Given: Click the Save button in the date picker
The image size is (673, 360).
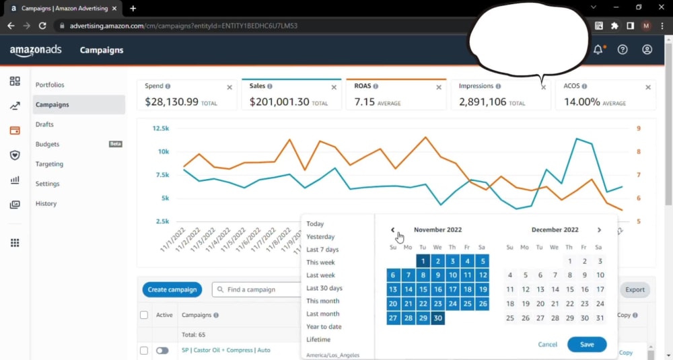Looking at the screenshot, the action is click(x=587, y=345).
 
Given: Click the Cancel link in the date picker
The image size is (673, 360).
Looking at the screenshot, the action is click(x=547, y=345).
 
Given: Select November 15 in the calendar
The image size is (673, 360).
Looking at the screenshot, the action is click(x=423, y=289).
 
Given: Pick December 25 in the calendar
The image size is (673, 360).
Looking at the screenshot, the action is click(x=510, y=318).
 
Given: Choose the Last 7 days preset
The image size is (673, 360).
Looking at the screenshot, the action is click(x=322, y=249).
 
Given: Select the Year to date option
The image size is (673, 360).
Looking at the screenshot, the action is click(x=324, y=326).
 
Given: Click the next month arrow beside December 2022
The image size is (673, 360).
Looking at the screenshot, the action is click(x=599, y=230).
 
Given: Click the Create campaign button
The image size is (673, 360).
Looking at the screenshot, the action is click(x=172, y=289).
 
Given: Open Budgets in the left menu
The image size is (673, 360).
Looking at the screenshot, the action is click(x=47, y=144).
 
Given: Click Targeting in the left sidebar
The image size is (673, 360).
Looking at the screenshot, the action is click(x=49, y=164).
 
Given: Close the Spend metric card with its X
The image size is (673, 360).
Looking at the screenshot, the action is click(x=229, y=87).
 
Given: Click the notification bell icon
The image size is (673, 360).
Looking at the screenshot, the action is click(x=598, y=50).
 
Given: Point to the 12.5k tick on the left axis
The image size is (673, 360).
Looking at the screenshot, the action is click(x=161, y=129).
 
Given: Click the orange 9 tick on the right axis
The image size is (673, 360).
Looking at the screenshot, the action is click(x=638, y=129).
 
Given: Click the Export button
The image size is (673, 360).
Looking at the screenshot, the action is click(x=635, y=289).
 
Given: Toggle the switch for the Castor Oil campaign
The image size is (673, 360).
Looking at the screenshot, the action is click(x=162, y=351).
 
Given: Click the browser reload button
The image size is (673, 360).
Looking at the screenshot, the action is click(x=42, y=26).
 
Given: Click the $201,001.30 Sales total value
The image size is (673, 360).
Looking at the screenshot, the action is click(x=279, y=102).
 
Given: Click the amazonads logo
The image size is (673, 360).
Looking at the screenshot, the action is click(x=36, y=50).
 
